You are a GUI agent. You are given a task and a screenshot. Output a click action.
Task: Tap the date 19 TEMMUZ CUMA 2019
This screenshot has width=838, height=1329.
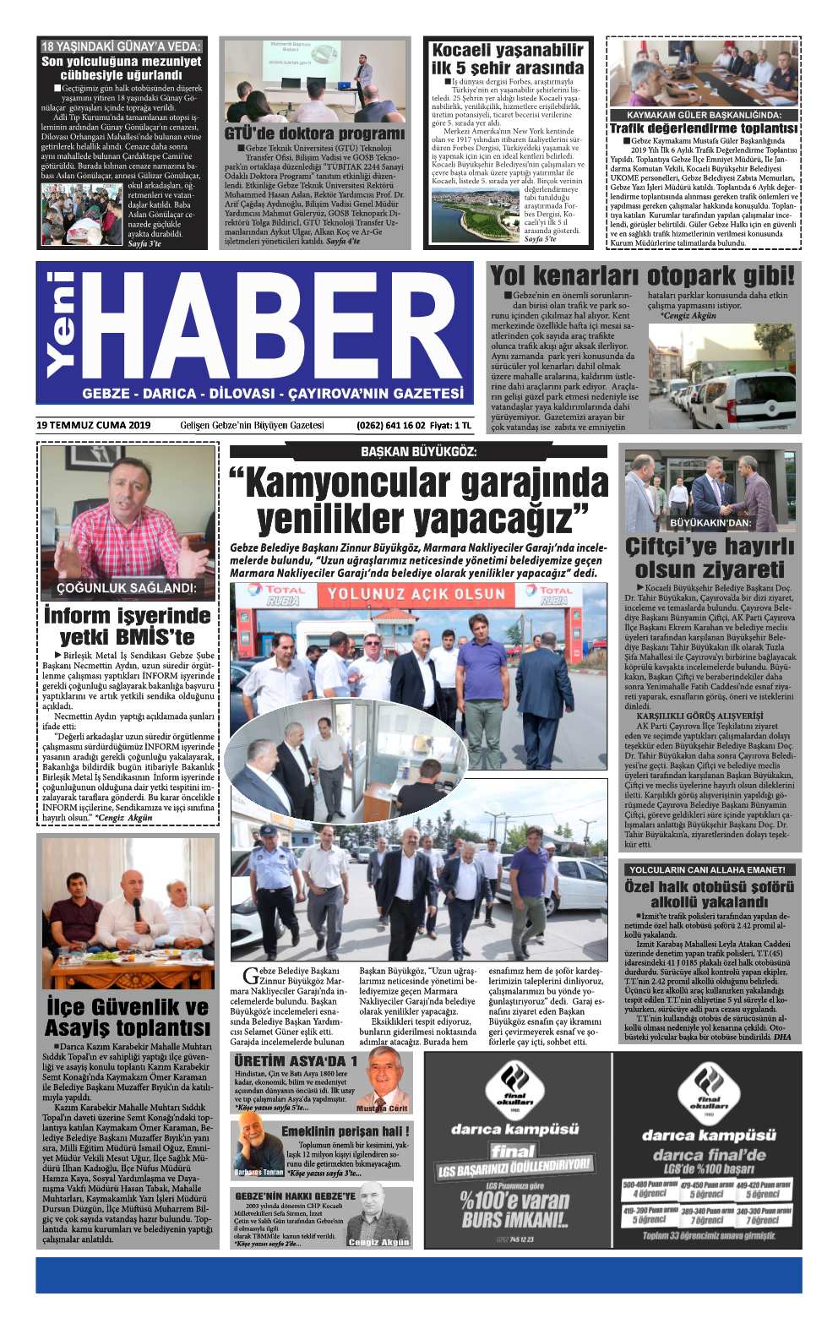94,425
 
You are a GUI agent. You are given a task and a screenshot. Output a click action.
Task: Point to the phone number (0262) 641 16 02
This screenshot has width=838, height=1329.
391,425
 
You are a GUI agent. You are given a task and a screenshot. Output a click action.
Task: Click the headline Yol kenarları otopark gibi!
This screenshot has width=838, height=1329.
642,275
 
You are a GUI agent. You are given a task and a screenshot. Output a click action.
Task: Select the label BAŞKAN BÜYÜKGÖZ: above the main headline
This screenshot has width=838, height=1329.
418,451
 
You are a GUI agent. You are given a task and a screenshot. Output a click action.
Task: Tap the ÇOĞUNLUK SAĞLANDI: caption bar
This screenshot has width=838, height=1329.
126,588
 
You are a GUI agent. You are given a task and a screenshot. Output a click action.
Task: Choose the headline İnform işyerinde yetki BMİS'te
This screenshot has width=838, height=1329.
127,626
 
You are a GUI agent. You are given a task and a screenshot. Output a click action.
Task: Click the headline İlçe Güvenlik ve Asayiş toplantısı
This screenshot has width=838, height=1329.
127,1017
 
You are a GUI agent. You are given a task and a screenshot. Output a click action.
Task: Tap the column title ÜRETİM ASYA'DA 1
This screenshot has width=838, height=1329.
296,1060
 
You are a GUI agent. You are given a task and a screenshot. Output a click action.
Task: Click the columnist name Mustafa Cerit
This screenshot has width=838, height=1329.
382,1108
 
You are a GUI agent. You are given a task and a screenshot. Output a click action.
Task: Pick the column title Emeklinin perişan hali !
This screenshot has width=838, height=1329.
345,1131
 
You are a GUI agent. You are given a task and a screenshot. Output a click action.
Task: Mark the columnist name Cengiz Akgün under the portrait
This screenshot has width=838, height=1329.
378,1242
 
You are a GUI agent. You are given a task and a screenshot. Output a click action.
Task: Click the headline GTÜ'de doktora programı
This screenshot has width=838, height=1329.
314,133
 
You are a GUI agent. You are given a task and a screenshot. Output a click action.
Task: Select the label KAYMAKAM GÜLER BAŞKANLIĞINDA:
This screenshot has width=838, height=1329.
704,115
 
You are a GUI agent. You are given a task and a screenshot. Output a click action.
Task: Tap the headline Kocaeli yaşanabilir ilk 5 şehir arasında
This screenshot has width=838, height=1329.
508,59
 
